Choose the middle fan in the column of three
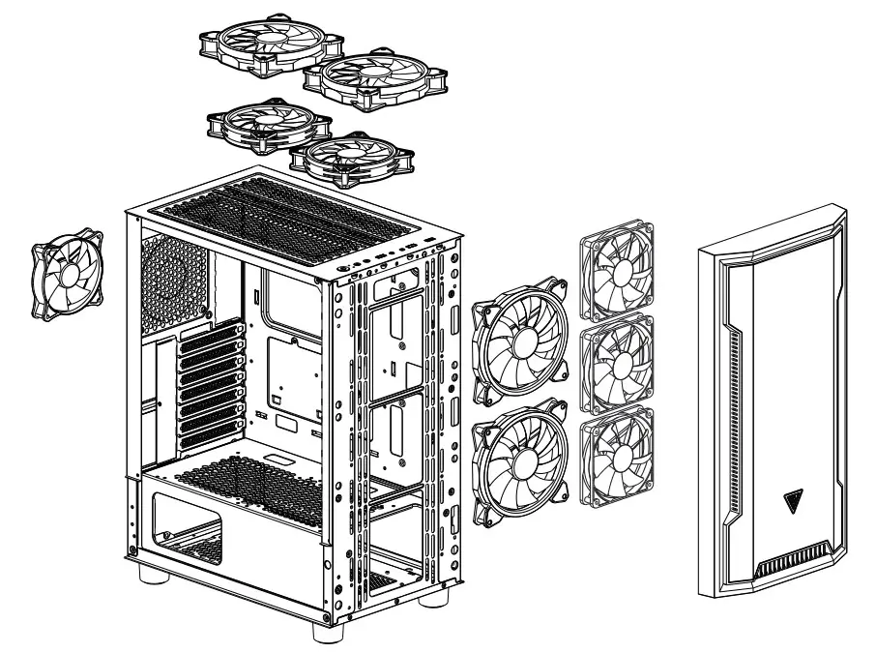coord(616,363)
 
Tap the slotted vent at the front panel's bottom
coord(796,562)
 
